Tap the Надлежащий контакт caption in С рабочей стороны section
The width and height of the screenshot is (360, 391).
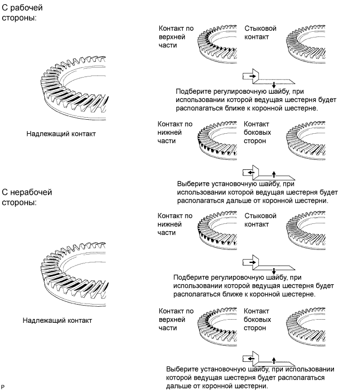point(61,134)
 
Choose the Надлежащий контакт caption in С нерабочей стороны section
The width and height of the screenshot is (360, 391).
point(57,320)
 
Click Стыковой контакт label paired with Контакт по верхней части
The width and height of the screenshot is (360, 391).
point(260,32)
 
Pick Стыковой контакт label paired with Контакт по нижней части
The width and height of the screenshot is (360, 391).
point(260,220)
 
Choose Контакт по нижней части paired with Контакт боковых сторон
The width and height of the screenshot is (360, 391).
point(175,133)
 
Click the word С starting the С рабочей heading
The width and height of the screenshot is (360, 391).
point(6,8)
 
